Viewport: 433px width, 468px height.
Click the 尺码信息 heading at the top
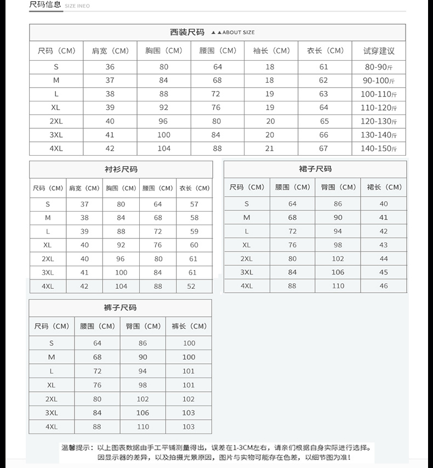tap(45, 5)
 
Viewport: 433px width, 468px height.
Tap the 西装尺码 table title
tap(187, 32)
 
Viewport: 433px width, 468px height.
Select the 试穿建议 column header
tap(379, 51)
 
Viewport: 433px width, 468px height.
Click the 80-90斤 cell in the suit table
tap(379, 67)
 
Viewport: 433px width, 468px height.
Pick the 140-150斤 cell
tap(379, 149)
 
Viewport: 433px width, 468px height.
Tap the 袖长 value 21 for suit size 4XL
tap(270, 149)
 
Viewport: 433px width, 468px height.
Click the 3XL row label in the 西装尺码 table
tap(56, 135)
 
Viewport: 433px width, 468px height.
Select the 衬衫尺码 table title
tap(121, 169)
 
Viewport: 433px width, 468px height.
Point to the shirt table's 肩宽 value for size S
tap(84, 204)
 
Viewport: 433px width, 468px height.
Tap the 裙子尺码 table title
tap(315, 169)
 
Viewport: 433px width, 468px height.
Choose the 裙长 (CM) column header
tap(384, 187)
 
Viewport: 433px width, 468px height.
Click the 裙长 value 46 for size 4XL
tap(384, 286)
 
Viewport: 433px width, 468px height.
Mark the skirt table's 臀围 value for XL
tap(338, 245)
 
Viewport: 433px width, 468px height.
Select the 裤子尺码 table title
tap(120, 308)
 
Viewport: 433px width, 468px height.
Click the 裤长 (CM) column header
tap(189, 326)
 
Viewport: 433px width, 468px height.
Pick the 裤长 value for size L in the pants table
tap(189, 371)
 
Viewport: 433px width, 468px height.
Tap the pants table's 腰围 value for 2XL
tap(97, 399)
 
